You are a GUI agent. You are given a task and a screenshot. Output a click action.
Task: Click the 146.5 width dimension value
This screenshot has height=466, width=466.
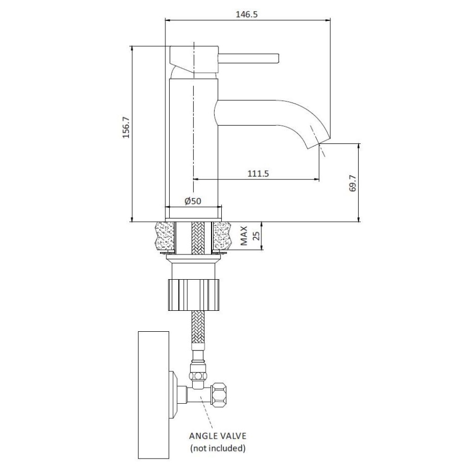247,14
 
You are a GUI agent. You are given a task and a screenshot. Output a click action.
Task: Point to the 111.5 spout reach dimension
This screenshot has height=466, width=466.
258,173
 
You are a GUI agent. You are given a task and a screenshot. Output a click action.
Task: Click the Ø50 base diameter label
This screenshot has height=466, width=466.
192,201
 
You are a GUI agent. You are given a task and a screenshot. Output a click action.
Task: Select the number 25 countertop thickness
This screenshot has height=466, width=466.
256,236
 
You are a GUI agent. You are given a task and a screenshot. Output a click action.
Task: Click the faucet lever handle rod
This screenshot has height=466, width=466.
250,57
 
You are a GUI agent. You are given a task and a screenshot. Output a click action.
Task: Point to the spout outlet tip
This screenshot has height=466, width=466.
320,143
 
